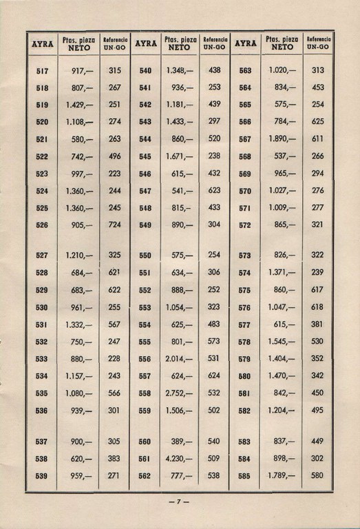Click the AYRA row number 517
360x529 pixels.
[x=41, y=71]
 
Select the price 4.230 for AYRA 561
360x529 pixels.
[x=179, y=458]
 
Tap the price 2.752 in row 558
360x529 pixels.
[x=179, y=393]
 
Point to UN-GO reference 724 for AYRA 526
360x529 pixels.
[x=114, y=225]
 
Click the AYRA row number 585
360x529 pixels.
[x=244, y=475]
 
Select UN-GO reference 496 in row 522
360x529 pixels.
[x=114, y=156]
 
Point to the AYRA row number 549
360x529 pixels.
[x=145, y=225]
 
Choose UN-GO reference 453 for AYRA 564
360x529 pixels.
[x=317, y=87]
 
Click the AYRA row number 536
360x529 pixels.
[x=41, y=411]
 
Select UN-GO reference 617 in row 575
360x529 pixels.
[x=317, y=290]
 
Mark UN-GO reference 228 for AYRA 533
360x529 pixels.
[x=114, y=359]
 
